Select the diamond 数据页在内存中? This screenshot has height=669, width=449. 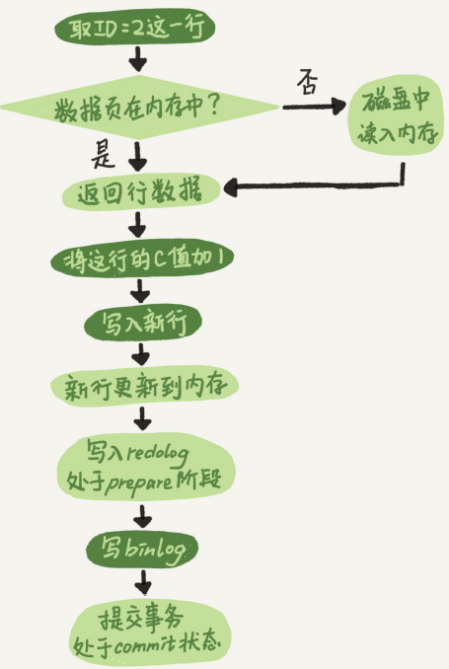pyautogui.click(x=140, y=108)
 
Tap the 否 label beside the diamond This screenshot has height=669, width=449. pyautogui.click(x=308, y=82)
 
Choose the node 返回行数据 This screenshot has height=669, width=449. pyautogui.click(x=140, y=192)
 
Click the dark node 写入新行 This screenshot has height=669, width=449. pyautogui.click(x=142, y=323)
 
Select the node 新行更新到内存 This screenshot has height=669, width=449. pyautogui.click(x=144, y=386)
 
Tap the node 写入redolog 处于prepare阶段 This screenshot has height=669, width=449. pyautogui.click(x=145, y=468)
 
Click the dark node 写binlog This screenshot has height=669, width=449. pyautogui.click(x=142, y=549)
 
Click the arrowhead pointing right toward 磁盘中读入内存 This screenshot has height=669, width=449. pyautogui.click(x=338, y=106)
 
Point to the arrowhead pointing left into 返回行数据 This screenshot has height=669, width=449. pyautogui.click(x=231, y=187)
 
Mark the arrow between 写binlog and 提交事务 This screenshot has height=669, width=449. pyautogui.click(x=143, y=582)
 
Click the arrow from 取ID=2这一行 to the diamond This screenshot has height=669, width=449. pyautogui.click(x=138, y=59)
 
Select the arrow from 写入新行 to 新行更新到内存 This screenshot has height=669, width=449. pyautogui.click(x=141, y=353)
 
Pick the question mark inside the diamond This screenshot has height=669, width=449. pyautogui.click(x=213, y=106)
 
